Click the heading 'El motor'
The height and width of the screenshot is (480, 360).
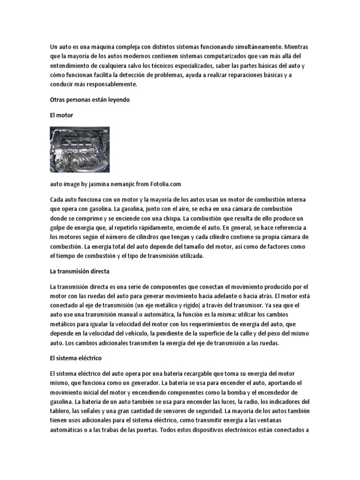61,115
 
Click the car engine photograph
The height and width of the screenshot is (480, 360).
80,150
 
